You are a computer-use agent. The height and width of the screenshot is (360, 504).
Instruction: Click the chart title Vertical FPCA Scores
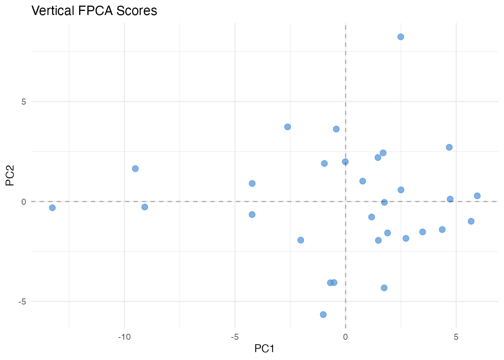point(94,10)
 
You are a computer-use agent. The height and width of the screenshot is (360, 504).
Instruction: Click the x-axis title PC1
point(264,349)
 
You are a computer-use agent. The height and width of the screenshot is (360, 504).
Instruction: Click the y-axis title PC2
point(10,176)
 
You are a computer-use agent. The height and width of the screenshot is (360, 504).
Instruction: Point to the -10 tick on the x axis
point(124,337)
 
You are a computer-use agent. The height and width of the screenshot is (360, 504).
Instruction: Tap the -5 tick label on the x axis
point(235,337)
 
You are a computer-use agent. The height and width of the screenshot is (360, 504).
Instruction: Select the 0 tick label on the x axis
point(345,337)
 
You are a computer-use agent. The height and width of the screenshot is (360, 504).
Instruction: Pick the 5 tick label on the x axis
point(456,337)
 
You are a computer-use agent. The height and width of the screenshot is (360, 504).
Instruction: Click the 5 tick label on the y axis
point(24,102)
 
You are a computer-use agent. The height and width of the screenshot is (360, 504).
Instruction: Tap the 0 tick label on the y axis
point(24,201)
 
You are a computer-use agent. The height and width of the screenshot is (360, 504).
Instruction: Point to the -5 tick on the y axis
point(22,301)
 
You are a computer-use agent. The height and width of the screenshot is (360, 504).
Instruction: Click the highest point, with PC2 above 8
point(400,37)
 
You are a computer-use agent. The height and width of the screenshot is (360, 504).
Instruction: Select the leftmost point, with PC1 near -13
point(52,208)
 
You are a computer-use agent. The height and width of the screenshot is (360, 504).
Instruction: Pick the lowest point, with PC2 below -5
point(323,314)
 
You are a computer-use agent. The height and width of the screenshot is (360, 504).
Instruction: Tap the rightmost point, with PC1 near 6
point(477,196)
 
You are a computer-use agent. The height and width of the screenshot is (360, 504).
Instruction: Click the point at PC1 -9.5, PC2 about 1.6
point(135,169)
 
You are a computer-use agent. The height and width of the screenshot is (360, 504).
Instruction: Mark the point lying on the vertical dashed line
point(345,162)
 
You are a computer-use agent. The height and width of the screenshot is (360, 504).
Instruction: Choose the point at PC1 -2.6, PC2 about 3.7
point(288,127)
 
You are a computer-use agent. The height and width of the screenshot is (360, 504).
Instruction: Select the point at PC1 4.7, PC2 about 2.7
point(449,147)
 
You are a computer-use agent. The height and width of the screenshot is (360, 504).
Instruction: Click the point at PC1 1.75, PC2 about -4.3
point(384,288)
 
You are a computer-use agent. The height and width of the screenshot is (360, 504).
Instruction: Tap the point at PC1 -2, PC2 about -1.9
point(301,240)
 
